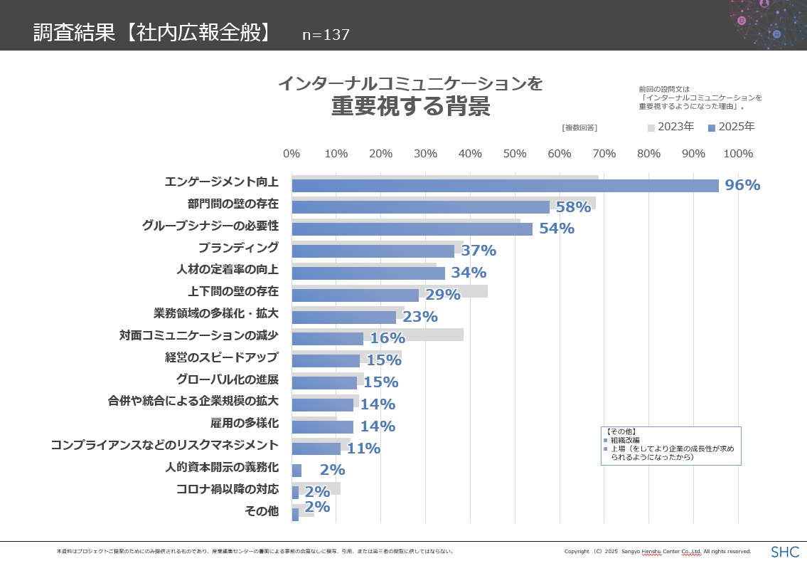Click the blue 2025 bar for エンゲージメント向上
pyautogui.click(x=505, y=186)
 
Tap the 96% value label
pyautogui.click(x=742, y=185)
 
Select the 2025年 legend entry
pyautogui.click(x=732, y=127)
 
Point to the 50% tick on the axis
pyautogui.click(x=515, y=154)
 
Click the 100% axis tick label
pyautogui.click(x=738, y=154)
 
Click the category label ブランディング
pyautogui.click(x=238, y=248)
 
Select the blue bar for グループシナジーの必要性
pyautogui.click(x=412, y=229)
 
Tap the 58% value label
pyautogui.click(x=573, y=207)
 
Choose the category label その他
pyautogui.click(x=262, y=511)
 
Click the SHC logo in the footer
pyautogui.click(x=785, y=552)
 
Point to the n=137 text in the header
pyautogui.click(x=326, y=35)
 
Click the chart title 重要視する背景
pyautogui.click(x=410, y=108)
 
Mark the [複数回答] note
pyautogui.click(x=579, y=127)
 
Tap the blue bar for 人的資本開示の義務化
pyautogui.click(x=296, y=471)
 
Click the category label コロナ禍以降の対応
pyautogui.click(x=228, y=490)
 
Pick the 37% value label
pyautogui.click(x=479, y=251)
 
